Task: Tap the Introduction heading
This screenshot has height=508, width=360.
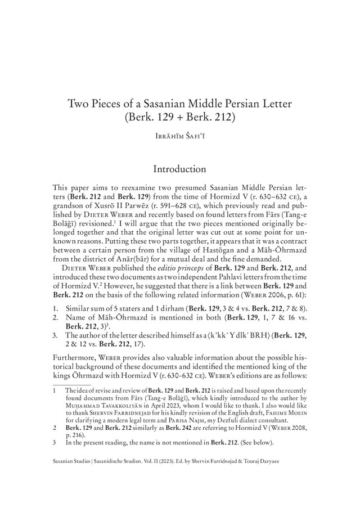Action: [x=179, y=168]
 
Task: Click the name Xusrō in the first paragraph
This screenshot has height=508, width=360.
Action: [x=99, y=204]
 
